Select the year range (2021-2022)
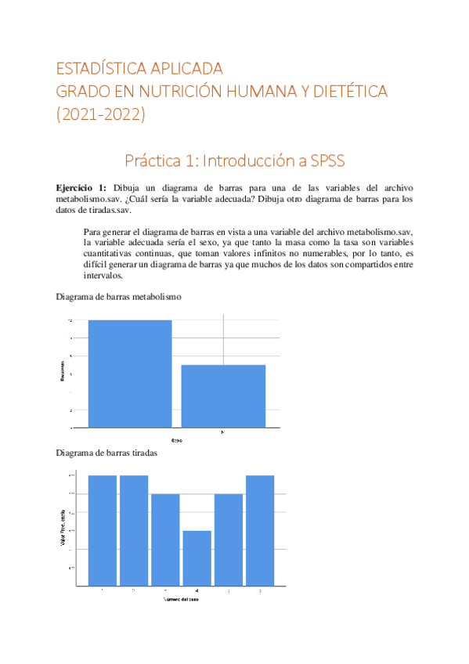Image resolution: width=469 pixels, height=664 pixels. pyautogui.click(x=100, y=115)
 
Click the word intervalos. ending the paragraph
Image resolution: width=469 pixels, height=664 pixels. pyautogui.click(x=102, y=276)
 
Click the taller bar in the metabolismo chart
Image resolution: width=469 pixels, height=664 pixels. pyautogui.click(x=130, y=373)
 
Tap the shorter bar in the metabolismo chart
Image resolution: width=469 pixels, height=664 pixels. pyautogui.click(x=223, y=396)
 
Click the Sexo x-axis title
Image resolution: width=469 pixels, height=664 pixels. pyautogui.click(x=177, y=441)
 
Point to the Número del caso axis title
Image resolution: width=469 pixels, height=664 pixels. pyautogui.click(x=181, y=598)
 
